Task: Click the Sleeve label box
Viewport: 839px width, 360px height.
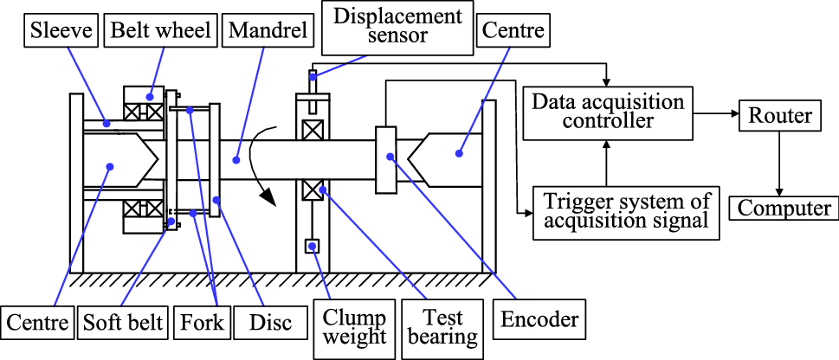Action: click(59, 31)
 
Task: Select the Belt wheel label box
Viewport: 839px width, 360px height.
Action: click(160, 31)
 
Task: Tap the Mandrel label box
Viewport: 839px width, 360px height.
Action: click(266, 31)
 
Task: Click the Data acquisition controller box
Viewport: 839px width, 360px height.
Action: click(608, 111)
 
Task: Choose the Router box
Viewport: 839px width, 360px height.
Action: click(780, 115)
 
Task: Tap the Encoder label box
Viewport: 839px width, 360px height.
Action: click(540, 319)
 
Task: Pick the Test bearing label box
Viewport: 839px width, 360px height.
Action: click(444, 327)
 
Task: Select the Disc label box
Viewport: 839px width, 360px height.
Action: click(266, 324)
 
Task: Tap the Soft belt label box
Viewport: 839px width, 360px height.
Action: click(123, 324)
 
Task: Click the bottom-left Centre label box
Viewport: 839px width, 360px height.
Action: click(36, 324)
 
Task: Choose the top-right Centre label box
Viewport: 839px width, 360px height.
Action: click(513, 31)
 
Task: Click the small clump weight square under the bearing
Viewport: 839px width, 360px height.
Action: click(312, 246)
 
